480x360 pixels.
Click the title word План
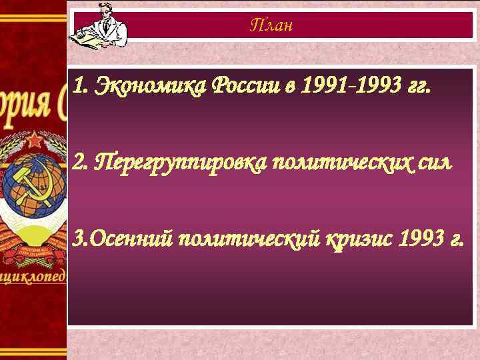[x=271, y=26]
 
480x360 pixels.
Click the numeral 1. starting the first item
[x=79, y=86]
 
